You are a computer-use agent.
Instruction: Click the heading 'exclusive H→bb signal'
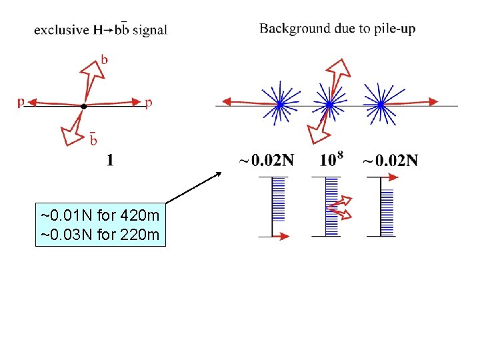pos(100,29)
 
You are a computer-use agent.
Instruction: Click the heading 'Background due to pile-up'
pos(337,29)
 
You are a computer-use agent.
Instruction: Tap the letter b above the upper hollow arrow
pos(104,60)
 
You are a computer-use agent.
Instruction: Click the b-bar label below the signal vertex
pos(93,140)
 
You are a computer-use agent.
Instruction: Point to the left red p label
pos(21,102)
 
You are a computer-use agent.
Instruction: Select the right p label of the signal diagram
pos(149,103)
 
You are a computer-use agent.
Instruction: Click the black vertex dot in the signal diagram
pos(83,106)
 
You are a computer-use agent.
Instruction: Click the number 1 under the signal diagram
pos(110,161)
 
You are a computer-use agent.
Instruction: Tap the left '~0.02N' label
pos(266,161)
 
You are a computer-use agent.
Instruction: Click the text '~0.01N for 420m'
pos(100,216)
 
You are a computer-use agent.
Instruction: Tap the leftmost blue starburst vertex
pos(280,105)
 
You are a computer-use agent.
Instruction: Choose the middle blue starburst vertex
pos(329,105)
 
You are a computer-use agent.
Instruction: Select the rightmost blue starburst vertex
pos(380,105)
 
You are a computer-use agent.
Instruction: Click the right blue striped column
pos(387,212)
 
